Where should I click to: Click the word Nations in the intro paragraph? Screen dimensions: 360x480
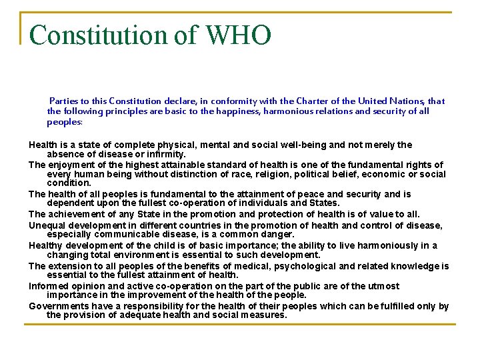pos(397,101)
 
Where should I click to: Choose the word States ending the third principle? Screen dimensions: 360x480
pos(323,203)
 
